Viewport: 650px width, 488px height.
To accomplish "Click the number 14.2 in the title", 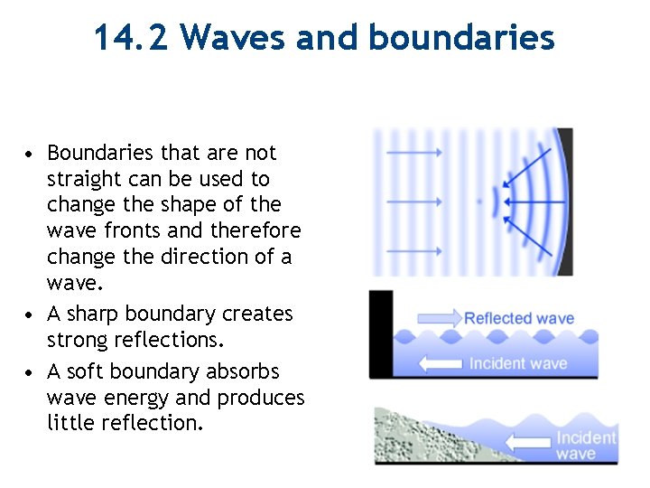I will pos(132,38).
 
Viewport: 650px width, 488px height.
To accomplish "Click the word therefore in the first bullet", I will pos(255,230).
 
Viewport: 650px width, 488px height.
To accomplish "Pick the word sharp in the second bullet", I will pos(94,314).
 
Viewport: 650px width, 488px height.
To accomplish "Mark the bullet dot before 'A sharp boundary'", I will pos(31,314).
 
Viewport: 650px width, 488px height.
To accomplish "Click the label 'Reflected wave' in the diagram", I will pos(519,318).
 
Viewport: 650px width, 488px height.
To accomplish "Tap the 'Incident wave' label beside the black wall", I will pos(518,364).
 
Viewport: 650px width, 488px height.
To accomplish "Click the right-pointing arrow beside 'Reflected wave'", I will pos(438,318).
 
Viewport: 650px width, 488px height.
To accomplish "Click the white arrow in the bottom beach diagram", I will pos(527,443).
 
